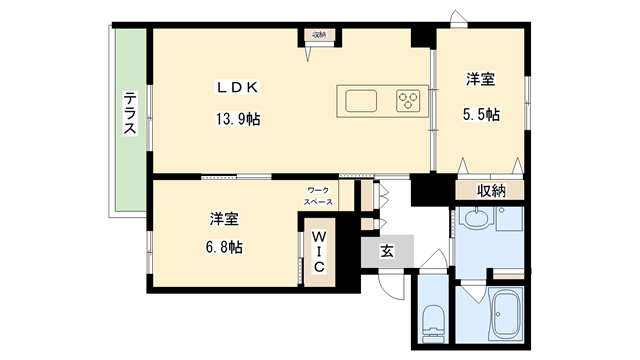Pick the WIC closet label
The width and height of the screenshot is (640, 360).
(315, 253)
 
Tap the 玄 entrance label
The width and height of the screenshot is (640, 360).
(387, 253)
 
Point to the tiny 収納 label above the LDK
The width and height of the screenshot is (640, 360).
(319, 35)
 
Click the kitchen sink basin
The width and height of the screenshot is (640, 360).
(362, 100)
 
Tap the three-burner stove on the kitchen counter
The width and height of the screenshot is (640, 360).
(408, 100)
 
